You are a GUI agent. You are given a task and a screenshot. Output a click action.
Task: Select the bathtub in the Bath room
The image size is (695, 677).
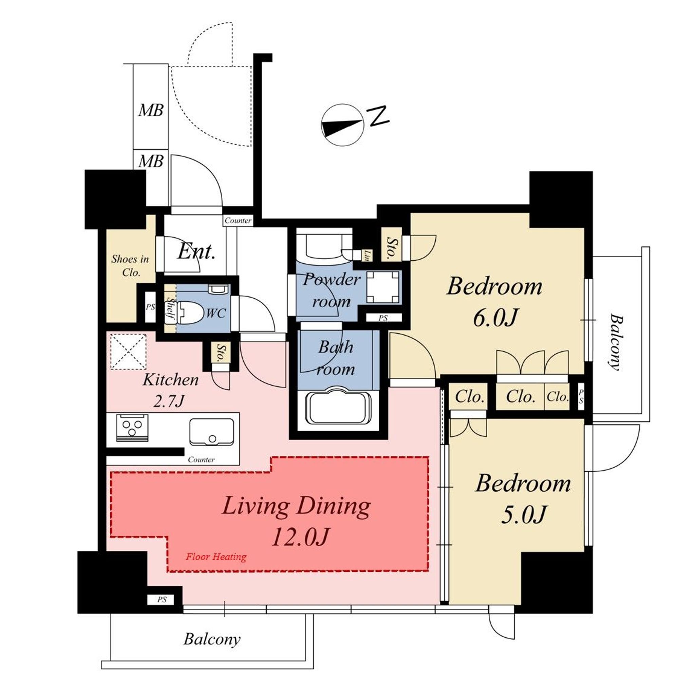click(x=338, y=407)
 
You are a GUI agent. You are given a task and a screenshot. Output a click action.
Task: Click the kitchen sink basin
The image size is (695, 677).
click(x=211, y=432)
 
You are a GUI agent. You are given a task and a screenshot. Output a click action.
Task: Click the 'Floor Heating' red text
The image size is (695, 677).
click(x=216, y=557)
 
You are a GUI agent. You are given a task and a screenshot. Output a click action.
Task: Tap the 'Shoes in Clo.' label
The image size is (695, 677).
click(x=130, y=265)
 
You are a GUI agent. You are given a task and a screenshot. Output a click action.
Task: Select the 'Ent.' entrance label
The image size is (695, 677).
click(x=196, y=252)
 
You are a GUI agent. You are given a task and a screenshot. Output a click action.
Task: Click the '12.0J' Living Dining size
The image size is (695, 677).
click(x=301, y=537)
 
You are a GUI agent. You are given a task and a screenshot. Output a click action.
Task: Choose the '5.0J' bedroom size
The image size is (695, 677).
click(x=523, y=514)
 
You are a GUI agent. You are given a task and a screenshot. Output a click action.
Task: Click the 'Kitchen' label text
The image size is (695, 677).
click(x=171, y=380)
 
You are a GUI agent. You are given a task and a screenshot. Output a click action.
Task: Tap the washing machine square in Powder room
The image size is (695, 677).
click(x=383, y=287)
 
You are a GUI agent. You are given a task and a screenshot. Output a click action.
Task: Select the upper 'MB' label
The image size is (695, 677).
click(x=151, y=110)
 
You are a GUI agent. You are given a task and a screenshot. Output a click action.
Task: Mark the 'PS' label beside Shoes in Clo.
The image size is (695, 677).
click(x=150, y=306)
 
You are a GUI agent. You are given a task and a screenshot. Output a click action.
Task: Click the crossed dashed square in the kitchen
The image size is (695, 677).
click(x=128, y=351)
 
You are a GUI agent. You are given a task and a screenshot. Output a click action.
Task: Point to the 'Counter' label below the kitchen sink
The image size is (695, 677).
click(x=201, y=459)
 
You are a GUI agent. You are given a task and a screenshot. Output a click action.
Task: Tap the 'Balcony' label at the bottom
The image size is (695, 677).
click(x=212, y=639)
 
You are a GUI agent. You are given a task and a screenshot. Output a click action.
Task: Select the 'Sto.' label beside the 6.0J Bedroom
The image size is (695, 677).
click(x=391, y=247)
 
